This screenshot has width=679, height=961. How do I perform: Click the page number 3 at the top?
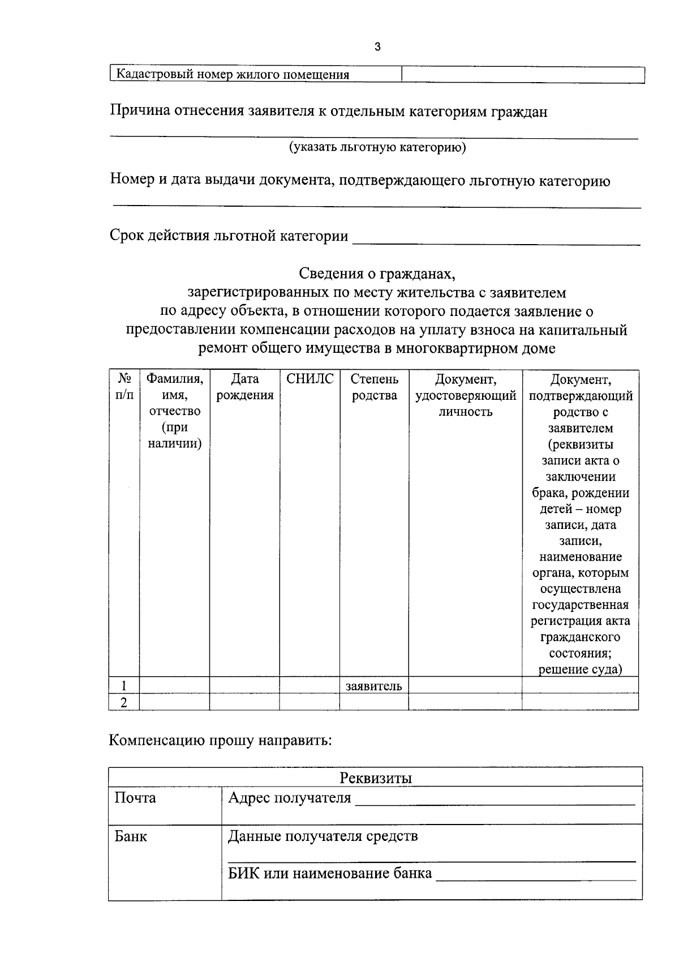coord(377,47)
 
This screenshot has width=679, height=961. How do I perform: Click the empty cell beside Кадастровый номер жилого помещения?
coord(522,75)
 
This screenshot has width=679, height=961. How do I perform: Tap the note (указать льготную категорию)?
coord(377,148)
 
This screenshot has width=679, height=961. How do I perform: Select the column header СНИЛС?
coord(310,379)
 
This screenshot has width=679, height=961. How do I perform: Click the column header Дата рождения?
coord(244,387)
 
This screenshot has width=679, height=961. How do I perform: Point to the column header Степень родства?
coord(374,387)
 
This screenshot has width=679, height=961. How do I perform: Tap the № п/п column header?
coord(124,387)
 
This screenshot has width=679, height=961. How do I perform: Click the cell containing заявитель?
coord(373,686)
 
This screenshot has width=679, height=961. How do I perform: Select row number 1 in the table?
coord(124,686)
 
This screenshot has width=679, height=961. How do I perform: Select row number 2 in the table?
coord(124,703)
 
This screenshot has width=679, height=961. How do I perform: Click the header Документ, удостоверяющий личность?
coord(465,395)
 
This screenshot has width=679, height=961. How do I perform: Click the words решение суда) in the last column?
coord(580,670)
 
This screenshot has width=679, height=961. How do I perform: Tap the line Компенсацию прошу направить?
coord(220,740)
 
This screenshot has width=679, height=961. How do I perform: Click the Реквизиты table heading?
coord(376,778)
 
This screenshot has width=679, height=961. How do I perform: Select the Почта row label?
coord(135,798)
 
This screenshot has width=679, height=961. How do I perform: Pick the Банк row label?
coord(131,836)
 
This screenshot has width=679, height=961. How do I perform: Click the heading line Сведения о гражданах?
coord(377,274)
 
